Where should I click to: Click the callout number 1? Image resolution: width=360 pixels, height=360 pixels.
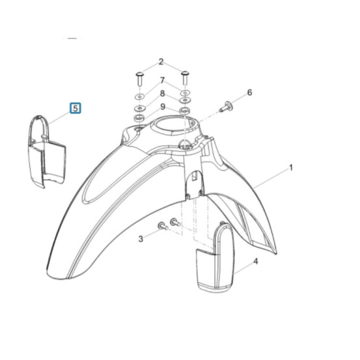point(291,168)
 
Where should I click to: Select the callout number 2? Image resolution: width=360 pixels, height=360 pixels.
point(161,62)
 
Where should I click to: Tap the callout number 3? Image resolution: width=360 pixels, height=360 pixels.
point(141,239)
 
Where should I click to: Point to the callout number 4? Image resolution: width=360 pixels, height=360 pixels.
point(256,261)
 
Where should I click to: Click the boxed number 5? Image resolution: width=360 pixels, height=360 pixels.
point(76,108)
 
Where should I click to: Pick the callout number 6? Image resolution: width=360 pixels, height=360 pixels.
point(249,92)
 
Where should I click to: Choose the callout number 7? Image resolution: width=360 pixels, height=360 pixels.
point(162,80)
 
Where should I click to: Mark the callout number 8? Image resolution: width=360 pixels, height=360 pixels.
point(162,94)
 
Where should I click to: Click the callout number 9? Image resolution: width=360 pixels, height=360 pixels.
point(163,107)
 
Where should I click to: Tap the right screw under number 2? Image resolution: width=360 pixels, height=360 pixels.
point(185,77)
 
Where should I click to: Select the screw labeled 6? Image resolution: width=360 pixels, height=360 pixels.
point(225,107)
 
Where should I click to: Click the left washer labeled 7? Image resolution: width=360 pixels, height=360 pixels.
point(139,96)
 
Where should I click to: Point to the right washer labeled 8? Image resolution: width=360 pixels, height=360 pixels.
point(185,100)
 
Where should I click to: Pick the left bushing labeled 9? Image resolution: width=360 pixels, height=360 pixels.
point(139,118)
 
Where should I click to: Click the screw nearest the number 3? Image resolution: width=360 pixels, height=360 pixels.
point(163,226)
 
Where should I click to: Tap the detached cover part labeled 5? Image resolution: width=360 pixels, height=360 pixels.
point(47,152)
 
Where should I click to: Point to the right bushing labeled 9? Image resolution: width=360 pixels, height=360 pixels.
point(184,111)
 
